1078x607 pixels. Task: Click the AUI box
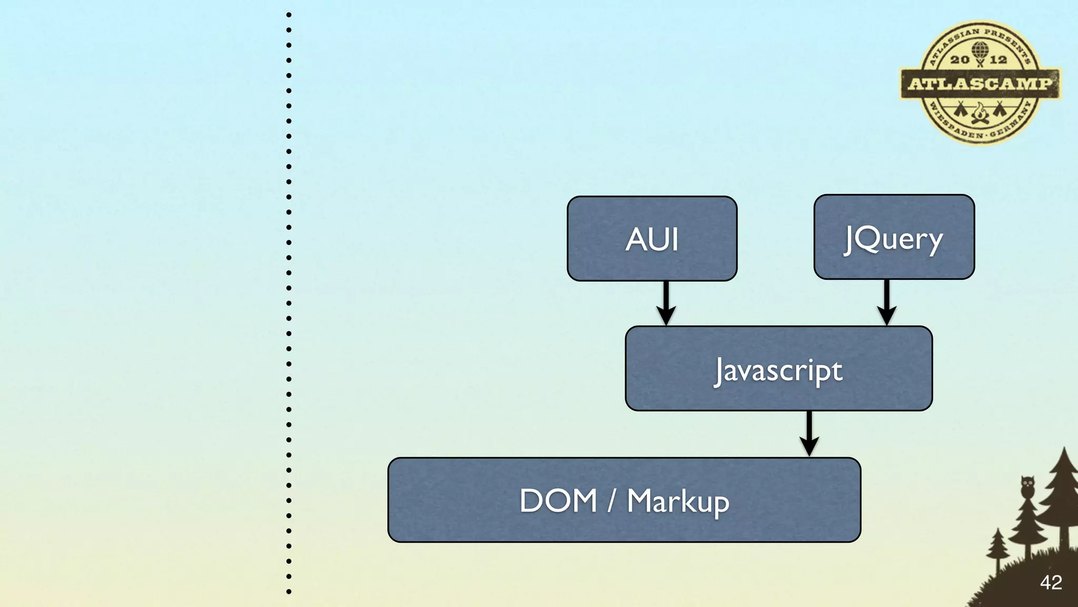652,239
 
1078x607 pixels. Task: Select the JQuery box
894,237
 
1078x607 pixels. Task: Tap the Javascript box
778,369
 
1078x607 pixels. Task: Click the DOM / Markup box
624,500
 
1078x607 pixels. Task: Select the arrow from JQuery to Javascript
887,303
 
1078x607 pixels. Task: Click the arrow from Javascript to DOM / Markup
809,434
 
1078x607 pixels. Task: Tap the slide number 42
1051,582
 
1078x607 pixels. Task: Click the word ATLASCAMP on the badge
980,84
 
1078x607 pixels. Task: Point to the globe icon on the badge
980,50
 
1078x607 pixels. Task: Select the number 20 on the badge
960,60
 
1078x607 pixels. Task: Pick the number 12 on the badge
999,60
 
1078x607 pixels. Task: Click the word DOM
558,501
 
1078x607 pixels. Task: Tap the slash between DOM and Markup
612,501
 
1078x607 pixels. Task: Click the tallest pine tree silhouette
1062,495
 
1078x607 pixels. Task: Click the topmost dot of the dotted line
289,15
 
